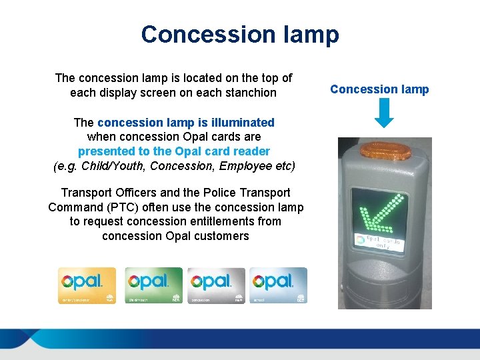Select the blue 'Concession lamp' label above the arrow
click(379, 89)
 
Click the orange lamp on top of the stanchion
click(385, 149)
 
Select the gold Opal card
click(87, 285)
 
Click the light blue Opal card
click(279, 285)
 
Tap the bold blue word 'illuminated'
click(241, 122)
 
